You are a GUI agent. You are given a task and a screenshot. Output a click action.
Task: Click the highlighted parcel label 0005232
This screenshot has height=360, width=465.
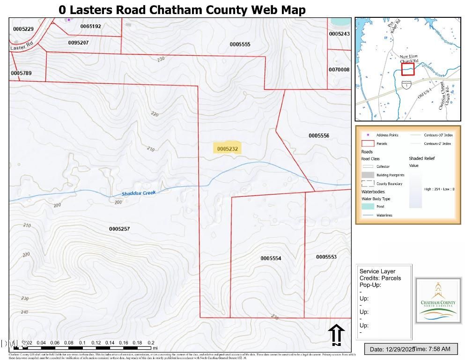(228, 149)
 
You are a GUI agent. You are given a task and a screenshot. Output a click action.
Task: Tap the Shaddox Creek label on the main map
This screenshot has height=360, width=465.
(139, 193)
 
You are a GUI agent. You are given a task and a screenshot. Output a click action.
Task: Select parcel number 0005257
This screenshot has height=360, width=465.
(119, 229)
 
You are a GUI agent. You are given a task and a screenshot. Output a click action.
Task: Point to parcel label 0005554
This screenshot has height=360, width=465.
(271, 258)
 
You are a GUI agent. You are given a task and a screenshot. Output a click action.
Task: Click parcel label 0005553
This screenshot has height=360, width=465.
(326, 257)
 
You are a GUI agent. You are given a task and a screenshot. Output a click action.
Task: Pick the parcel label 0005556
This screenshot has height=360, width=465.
(319, 135)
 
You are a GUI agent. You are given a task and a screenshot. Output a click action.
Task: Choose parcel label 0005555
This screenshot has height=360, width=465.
(240, 44)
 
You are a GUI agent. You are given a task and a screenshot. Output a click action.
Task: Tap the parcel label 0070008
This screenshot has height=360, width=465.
(339, 69)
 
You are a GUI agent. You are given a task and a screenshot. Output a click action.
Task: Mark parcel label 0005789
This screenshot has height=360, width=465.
(21, 73)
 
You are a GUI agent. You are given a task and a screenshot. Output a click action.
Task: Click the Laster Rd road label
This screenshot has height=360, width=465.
(21, 47)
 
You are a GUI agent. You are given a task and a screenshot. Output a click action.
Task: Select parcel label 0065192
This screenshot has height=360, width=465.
(90, 26)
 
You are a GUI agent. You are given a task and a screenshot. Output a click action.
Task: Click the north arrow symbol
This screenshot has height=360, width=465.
(336, 335)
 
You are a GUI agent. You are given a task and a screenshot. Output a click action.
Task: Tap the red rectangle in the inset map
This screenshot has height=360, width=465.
(408, 69)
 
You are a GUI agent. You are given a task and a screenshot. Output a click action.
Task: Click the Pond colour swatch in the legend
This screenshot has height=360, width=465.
(368, 206)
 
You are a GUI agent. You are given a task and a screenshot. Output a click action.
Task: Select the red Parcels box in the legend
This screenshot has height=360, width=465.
(368, 143)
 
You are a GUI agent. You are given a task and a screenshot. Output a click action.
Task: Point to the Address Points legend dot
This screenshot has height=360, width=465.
(368, 135)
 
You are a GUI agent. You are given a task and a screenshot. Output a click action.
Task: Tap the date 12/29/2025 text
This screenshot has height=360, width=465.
(390, 349)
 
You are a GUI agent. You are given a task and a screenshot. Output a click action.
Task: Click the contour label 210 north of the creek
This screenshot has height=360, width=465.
(150, 149)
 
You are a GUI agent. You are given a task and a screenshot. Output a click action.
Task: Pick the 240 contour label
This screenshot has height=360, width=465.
(24, 312)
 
